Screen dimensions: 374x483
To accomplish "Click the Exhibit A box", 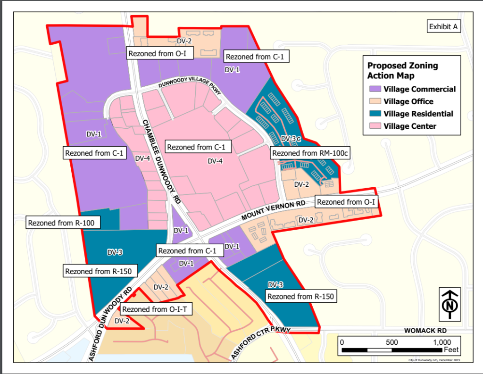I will coord(443,27).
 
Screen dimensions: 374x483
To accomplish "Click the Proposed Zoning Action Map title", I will coord(402,71).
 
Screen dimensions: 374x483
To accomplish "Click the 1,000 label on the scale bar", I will coord(442,342).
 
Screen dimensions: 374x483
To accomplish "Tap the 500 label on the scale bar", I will coord(392,342).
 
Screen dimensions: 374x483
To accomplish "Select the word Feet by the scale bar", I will coord(451,350).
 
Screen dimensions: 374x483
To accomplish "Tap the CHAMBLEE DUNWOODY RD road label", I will coord(162,160).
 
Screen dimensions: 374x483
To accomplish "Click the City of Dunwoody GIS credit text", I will coord(434,360).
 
